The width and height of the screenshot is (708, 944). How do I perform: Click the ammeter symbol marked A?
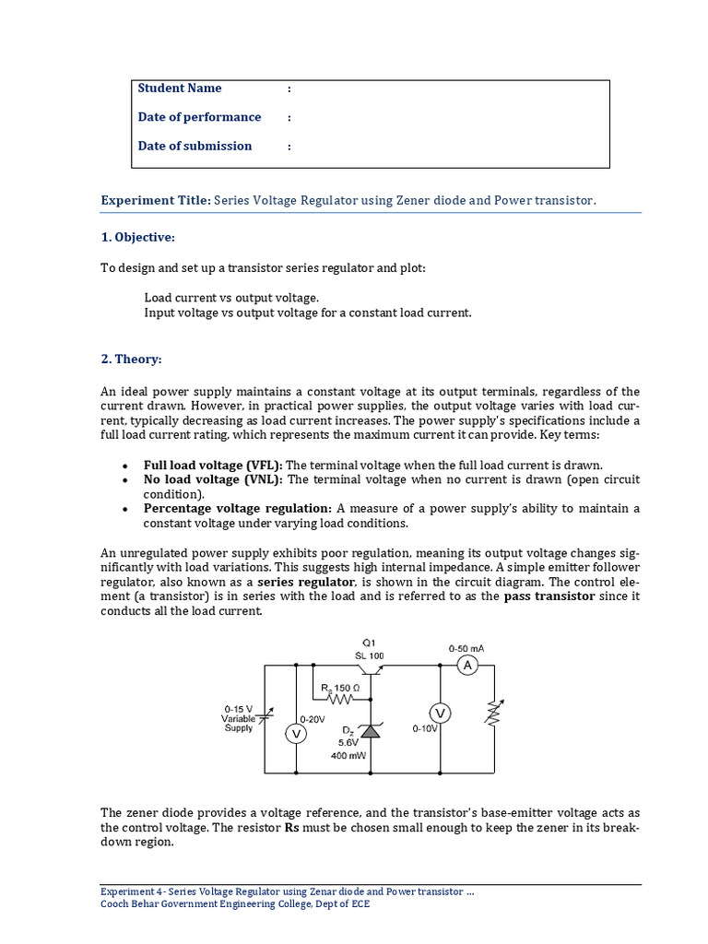click(x=467, y=666)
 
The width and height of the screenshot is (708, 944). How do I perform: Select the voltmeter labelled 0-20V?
click(x=296, y=734)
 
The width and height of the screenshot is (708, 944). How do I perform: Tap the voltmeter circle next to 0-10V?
click(x=440, y=713)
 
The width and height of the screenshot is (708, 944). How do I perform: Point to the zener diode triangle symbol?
click(x=370, y=730)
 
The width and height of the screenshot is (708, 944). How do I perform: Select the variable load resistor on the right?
click(x=491, y=713)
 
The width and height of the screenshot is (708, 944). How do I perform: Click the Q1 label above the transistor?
click(x=369, y=643)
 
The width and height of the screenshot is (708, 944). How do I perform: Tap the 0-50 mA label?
click(x=466, y=648)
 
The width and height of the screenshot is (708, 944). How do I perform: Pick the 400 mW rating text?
click(x=348, y=756)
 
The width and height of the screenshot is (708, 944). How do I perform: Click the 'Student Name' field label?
click(x=180, y=88)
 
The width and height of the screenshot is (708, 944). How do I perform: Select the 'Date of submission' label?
click(x=195, y=146)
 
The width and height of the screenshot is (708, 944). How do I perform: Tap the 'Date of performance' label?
click(x=199, y=117)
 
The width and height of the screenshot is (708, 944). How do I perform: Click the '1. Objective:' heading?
click(x=137, y=238)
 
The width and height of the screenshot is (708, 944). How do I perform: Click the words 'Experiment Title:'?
click(x=155, y=200)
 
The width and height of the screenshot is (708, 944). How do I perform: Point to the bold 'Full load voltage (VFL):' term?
click(x=213, y=466)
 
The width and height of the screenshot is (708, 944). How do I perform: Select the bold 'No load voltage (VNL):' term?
click(x=214, y=480)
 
